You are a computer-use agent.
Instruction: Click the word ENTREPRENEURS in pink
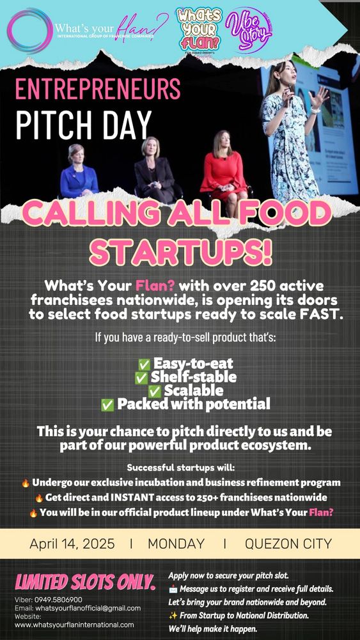(x=98, y=89)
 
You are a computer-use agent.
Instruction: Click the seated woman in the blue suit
(x=79, y=172)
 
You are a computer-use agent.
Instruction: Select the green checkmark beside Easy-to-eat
(x=144, y=364)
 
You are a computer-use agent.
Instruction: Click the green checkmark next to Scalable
(x=155, y=391)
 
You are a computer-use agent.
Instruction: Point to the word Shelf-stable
(x=194, y=377)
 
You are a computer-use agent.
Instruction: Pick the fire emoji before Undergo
(x=26, y=483)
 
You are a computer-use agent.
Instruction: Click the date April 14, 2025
(x=72, y=543)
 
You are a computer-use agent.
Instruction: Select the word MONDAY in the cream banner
(x=176, y=543)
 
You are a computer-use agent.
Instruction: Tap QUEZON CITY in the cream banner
(x=288, y=543)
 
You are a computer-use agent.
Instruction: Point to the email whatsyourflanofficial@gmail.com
(x=88, y=608)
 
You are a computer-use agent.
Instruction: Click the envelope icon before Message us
(x=173, y=589)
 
